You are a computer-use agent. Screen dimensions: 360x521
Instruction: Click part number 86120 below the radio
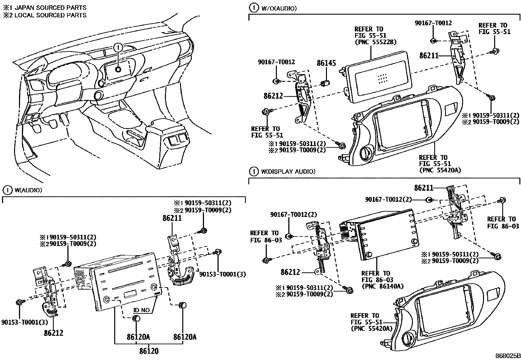pyautogui.click(x=149, y=351)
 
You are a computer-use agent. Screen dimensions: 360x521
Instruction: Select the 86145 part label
pyautogui.click(x=326, y=63)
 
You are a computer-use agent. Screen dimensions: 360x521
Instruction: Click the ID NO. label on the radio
pyautogui.click(x=141, y=310)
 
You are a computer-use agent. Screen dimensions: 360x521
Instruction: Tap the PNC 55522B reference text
pyautogui.click(x=375, y=42)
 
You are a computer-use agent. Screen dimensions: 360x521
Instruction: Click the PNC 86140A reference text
pyautogui.click(x=382, y=286)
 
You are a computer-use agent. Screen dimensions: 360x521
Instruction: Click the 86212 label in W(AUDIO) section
pyautogui.click(x=53, y=333)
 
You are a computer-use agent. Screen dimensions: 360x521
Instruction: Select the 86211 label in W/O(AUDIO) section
pyautogui.click(x=429, y=56)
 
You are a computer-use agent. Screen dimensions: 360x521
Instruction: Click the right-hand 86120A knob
pyautogui.click(x=182, y=306)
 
